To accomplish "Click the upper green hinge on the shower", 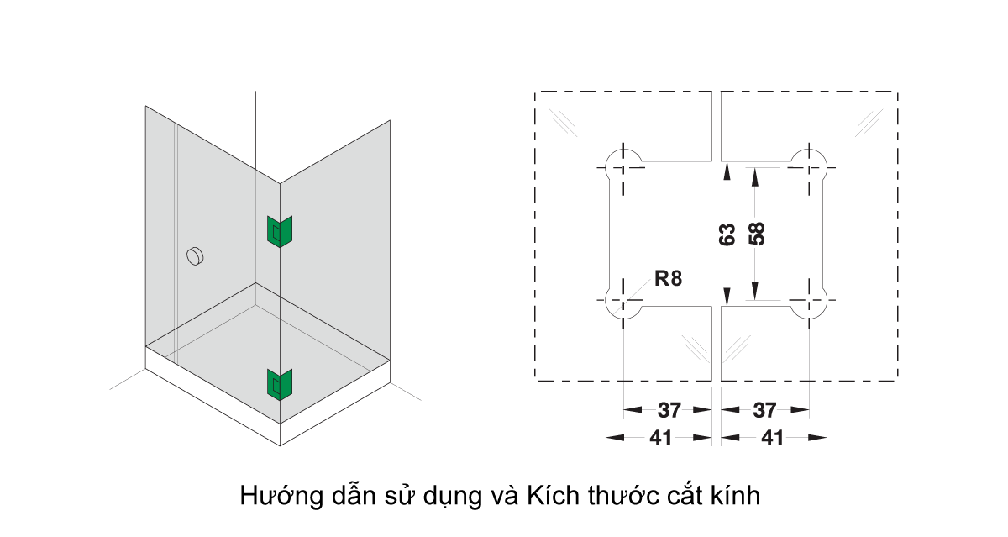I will point(278,231).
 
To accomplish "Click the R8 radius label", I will point(668,280).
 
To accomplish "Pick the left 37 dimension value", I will point(669,410).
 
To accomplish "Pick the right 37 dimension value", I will point(764,410).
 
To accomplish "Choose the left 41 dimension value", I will point(660,437).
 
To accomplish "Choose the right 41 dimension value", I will point(773,437).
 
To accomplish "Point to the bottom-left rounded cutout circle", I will point(623,303).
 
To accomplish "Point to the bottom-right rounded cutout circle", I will point(809,303).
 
